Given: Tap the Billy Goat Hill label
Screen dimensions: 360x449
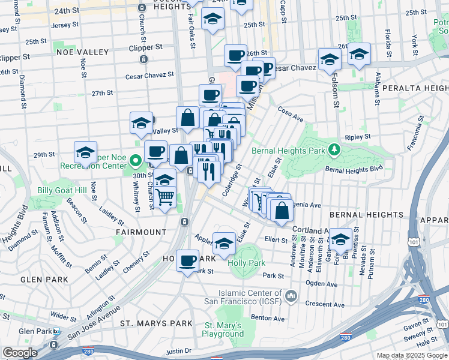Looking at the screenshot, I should (x=62, y=190).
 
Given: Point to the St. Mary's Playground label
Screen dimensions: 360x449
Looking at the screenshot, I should (x=222, y=329).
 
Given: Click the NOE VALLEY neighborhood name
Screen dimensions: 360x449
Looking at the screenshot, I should (x=81, y=52).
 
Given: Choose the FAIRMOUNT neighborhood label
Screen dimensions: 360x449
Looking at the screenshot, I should (x=142, y=232).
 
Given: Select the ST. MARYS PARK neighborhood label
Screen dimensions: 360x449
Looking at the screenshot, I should (x=156, y=323).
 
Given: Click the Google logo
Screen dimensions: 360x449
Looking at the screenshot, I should (x=20, y=353).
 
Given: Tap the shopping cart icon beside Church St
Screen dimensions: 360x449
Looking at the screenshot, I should (x=164, y=197).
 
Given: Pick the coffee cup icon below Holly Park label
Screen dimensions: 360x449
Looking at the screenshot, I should (x=188, y=261).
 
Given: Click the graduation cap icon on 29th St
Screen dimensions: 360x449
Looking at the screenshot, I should (x=85, y=152).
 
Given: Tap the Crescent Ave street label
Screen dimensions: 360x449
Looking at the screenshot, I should (x=325, y=304).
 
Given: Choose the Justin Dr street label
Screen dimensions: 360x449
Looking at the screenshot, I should (x=178, y=350).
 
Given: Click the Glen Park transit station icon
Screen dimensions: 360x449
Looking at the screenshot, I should (x=56, y=331).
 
